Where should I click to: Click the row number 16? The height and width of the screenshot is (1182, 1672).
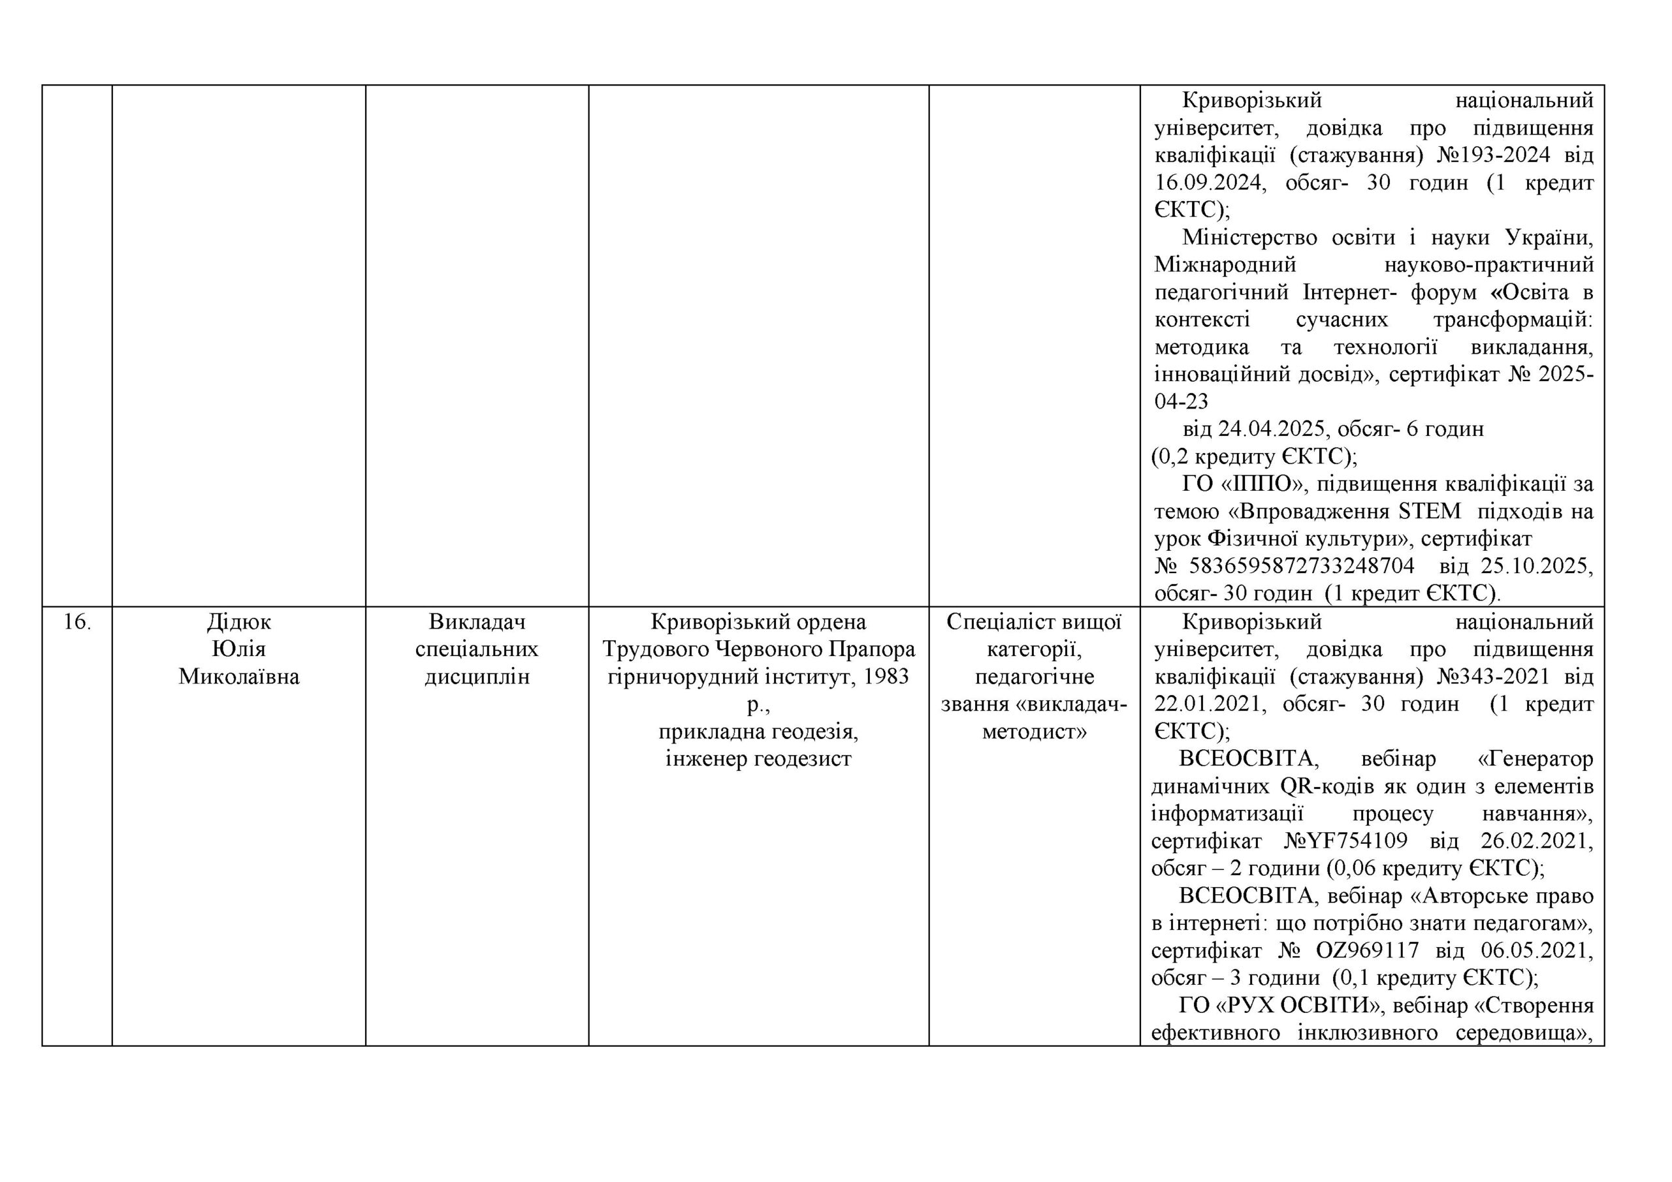point(76,622)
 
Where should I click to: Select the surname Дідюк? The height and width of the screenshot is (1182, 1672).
point(239,622)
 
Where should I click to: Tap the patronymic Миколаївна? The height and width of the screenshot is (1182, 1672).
point(239,677)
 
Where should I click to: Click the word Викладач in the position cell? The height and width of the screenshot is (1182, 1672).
point(477,622)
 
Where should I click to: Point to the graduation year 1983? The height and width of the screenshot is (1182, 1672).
point(886,677)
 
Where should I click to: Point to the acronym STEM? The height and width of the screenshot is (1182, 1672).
point(1430,512)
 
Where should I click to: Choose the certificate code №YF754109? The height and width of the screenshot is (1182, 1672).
point(1345,841)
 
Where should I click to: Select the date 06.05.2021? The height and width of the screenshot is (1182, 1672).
point(1537,950)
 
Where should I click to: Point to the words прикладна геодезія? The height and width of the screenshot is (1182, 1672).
point(758,732)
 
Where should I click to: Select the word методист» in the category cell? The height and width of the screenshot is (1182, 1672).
point(1034,732)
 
